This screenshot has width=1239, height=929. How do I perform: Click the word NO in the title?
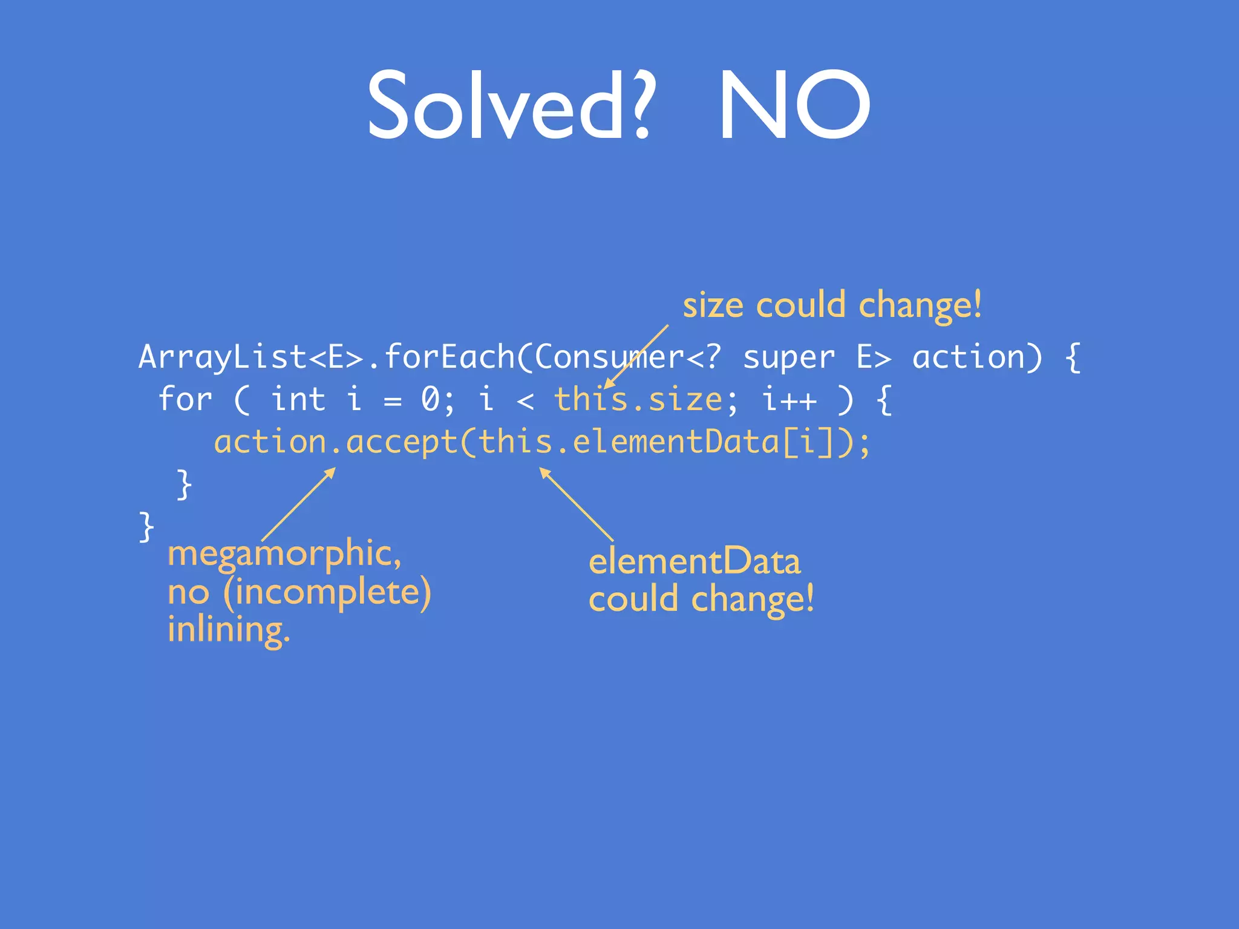(x=794, y=106)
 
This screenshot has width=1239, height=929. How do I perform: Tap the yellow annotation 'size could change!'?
(x=832, y=305)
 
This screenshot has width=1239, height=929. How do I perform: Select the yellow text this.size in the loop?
(x=638, y=400)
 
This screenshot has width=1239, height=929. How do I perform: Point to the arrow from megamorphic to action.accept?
(x=298, y=504)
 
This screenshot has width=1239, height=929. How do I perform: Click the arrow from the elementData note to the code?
(x=576, y=504)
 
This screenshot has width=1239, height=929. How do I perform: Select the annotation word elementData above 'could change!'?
(x=695, y=562)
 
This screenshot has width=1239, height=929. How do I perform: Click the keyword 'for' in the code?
(x=185, y=400)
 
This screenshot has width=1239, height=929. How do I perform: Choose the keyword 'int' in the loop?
(x=298, y=400)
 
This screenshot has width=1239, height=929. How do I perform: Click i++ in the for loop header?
(x=789, y=400)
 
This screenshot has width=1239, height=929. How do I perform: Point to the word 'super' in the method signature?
(x=789, y=357)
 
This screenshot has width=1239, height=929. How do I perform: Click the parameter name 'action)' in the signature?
(x=978, y=357)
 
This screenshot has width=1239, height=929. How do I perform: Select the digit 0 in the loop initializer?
(x=430, y=400)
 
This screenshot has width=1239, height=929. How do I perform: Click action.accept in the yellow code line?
(x=336, y=442)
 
